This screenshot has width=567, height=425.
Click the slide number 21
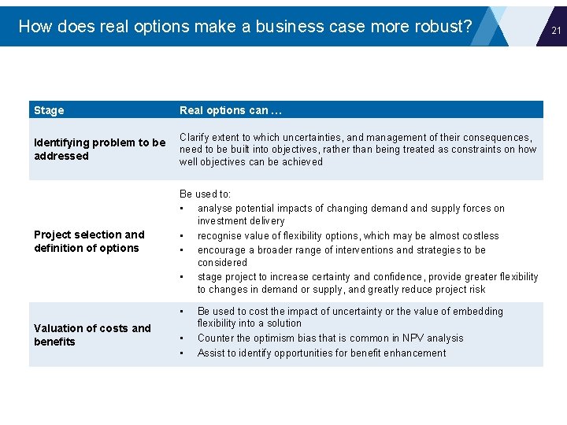point(555,30)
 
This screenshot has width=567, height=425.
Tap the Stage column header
point(49,110)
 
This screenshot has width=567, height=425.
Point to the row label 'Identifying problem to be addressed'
point(99,149)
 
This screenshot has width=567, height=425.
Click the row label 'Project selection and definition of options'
point(89,241)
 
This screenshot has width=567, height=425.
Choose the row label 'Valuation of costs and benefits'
point(92,334)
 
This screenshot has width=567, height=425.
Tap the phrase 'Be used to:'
point(205,194)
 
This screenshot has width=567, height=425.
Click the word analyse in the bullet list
point(217,209)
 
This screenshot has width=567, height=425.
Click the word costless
point(479,235)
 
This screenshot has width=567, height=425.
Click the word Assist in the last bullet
point(212,353)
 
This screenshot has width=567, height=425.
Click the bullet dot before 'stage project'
point(182,277)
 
